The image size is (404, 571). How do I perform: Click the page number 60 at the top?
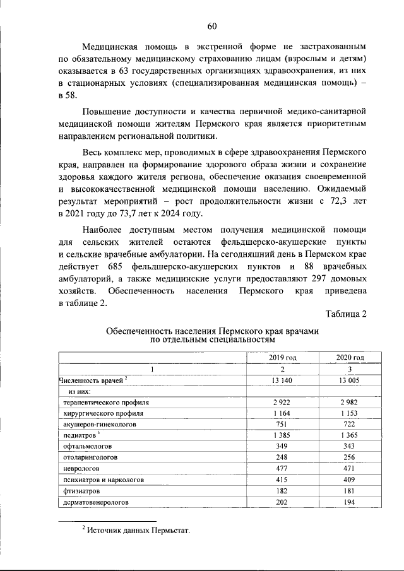pyautogui.click(x=212, y=26)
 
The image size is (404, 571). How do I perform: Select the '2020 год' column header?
pyautogui.click(x=350, y=357)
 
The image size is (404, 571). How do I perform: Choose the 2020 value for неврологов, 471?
pyautogui.click(x=350, y=469)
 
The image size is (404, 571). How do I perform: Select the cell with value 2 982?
pyautogui.click(x=350, y=402)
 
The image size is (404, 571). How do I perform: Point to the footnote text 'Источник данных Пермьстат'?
pyautogui.click(x=138, y=530)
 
